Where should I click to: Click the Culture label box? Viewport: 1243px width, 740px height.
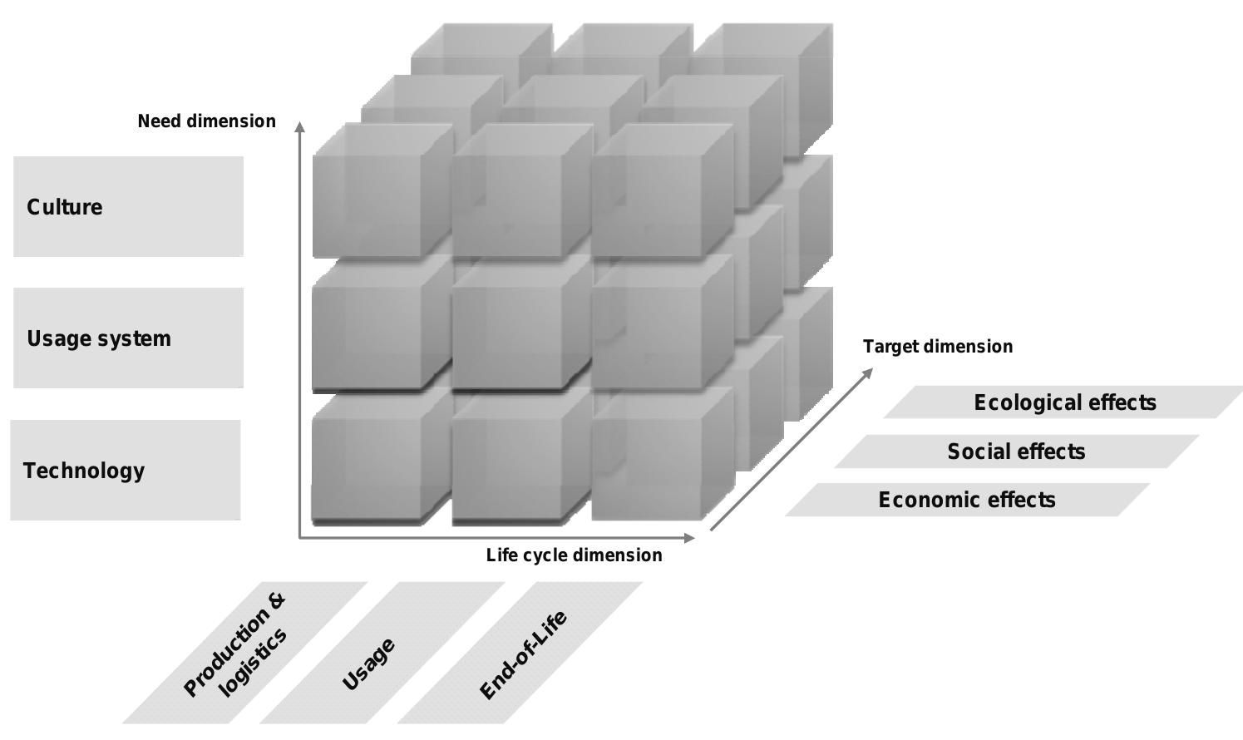tap(128, 206)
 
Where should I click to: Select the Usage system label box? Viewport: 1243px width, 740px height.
tap(128, 338)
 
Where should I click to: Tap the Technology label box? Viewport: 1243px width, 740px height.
tap(125, 470)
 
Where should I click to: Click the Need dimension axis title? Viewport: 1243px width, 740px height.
tap(206, 121)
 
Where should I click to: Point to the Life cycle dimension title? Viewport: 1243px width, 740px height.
tap(574, 555)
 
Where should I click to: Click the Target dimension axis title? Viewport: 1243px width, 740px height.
tap(937, 347)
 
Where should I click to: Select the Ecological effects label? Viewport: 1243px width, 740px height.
tap(1064, 402)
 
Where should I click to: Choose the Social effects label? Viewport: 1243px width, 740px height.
tap(1016, 451)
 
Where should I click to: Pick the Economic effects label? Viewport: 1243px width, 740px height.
tap(967, 500)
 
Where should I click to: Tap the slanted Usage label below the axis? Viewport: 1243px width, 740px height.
tap(368, 664)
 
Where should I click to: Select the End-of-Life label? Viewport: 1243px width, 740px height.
tap(523, 655)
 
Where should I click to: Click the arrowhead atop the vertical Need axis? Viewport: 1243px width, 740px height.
tap(299, 126)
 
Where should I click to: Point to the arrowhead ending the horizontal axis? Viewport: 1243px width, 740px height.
tap(689, 537)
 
